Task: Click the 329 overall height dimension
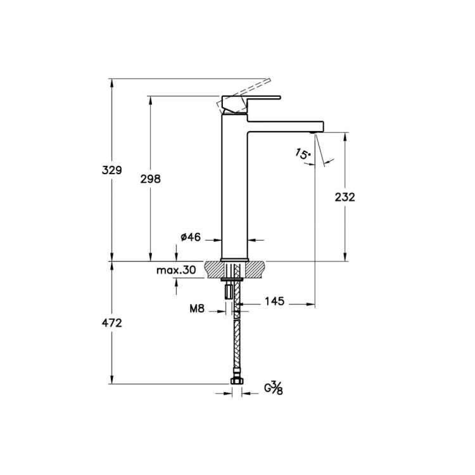111,170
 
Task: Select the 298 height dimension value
150,179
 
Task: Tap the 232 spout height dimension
345,197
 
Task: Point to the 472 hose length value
111,323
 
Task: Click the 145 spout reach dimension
275,301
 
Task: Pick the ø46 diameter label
191,237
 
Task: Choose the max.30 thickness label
176,270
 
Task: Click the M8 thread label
197,308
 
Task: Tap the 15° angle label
303,154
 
